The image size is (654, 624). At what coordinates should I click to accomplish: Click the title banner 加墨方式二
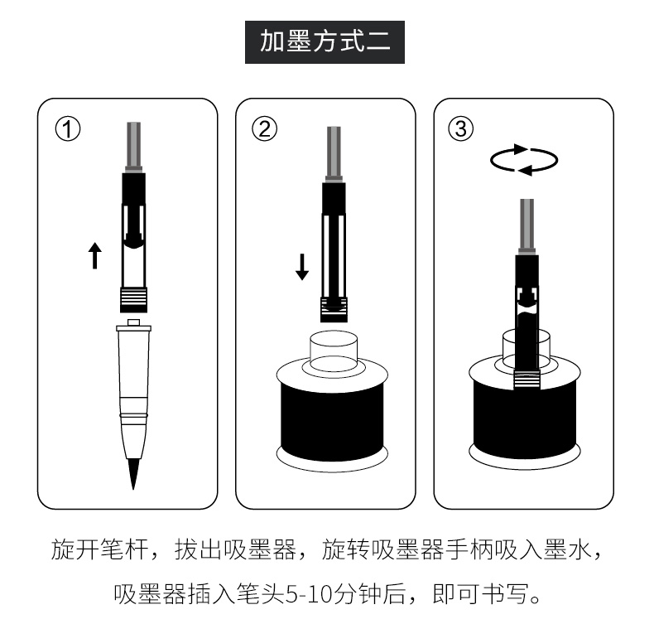[x=325, y=42]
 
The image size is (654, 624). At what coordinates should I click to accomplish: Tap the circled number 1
[x=68, y=129]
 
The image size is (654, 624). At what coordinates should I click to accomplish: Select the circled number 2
[x=264, y=128]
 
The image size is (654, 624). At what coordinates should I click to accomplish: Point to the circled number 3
[x=460, y=128]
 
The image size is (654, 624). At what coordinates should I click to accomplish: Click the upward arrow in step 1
[x=95, y=255]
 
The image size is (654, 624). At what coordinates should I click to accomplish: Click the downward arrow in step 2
[x=302, y=267]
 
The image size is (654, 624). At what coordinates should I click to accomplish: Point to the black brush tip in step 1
[x=133, y=474]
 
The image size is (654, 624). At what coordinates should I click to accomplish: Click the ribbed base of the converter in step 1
[x=133, y=300]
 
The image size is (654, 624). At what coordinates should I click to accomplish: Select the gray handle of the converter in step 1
[x=134, y=147]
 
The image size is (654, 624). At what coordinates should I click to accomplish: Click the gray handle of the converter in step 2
[x=334, y=154]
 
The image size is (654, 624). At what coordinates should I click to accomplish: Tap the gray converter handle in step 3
[x=527, y=226]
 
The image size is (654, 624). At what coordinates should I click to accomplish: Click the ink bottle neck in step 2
[x=334, y=351]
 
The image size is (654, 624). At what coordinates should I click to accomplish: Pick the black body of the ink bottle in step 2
[x=332, y=420]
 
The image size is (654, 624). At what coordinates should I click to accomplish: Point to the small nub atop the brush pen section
[x=133, y=322]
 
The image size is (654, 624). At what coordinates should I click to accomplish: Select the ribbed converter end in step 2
[x=334, y=310]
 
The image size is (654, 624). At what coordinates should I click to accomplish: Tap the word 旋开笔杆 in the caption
[x=99, y=549]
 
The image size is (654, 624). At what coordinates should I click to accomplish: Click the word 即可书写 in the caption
[x=480, y=593]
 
